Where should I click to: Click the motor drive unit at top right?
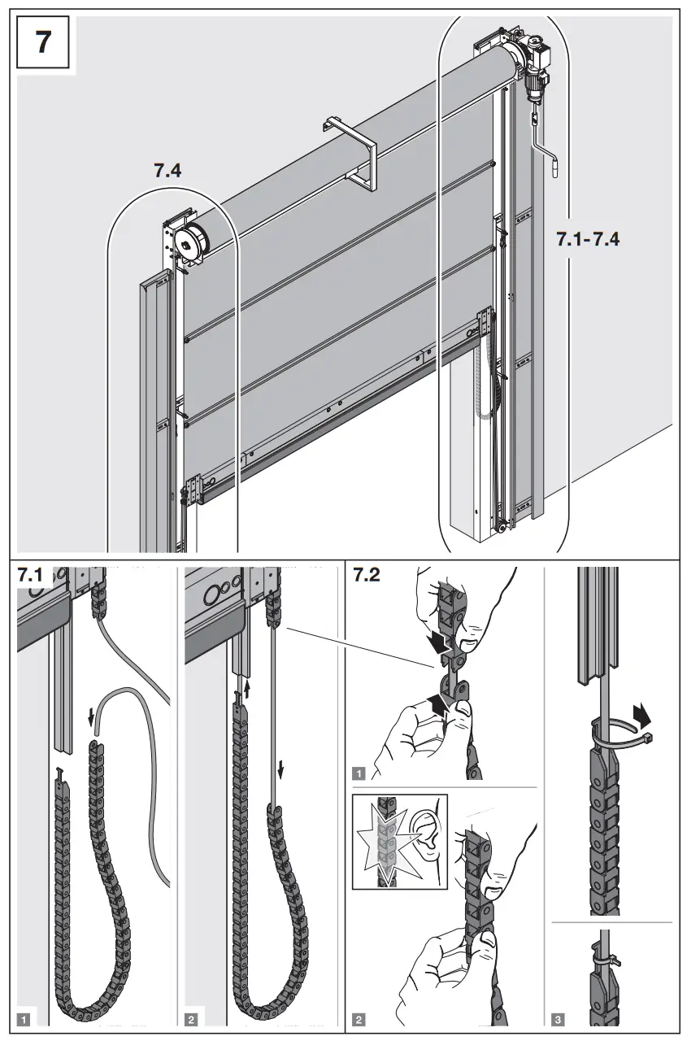tap(532, 66)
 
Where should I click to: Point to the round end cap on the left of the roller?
tap(192, 242)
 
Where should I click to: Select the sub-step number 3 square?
tap(558, 1017)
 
